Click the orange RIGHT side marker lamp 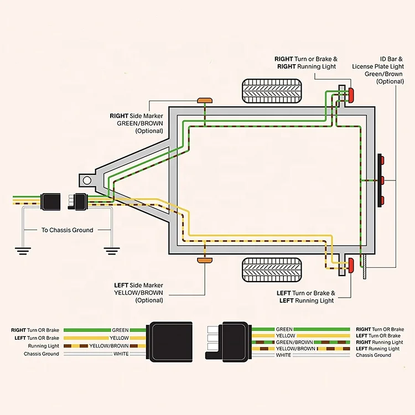pyautogui.click(x=205, y=100)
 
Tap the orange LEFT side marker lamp pyautogui.click(x=205, y=260)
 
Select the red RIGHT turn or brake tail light pyautogui.click(x=351, y=95)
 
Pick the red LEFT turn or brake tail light pyautogui.click(x=351, y=267)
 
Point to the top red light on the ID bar pyautogui.click(x=382, y=162)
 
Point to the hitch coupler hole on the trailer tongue pyautogui.click(x=86, y=180)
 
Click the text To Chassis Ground pyautogui.click(x=68, y=230)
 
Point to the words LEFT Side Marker pyautogui.click(x=138, y=286)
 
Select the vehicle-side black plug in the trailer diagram pyautogui.click(x=52, y=200)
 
